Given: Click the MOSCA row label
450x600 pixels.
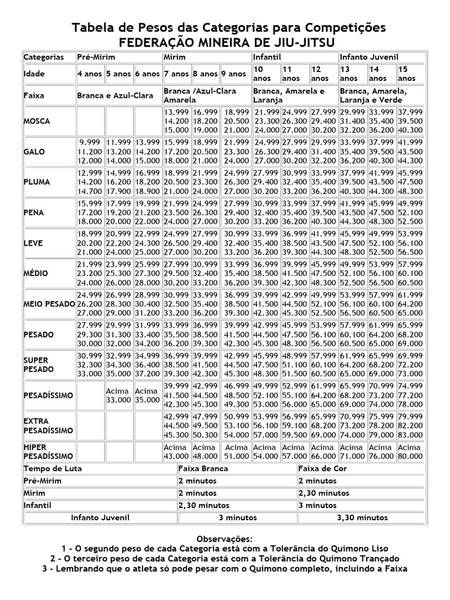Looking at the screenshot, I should pyautogui.click(x=37, y=121).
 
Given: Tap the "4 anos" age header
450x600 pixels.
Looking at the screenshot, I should pyautogui.click(x=90, y=74).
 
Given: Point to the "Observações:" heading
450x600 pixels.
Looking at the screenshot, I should pyautogui.click(x=224, y=538).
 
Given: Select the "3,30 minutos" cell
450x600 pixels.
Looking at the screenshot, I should pyautogui.click(x=362, y=517).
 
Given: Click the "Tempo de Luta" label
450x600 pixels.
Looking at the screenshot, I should pyautogui.click(x=53, y=468).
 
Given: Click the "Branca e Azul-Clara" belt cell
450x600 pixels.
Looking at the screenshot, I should pyautogui.click(x=112, y=95).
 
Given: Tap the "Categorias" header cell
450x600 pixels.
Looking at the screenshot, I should pyautogui.click(x=44, y=57).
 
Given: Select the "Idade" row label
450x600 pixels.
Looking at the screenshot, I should pyautogui.click(x=34, y=74).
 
